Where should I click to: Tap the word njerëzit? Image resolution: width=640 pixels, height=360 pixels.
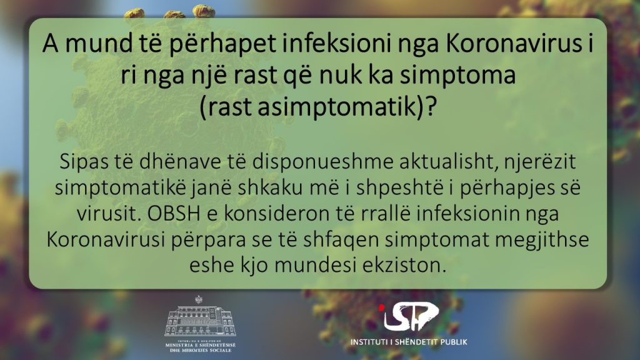539,162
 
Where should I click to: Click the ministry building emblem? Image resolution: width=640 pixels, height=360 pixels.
199,317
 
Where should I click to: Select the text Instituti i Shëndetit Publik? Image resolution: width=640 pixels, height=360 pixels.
409,342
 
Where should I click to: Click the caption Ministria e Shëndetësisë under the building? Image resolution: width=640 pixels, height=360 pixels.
201,345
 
